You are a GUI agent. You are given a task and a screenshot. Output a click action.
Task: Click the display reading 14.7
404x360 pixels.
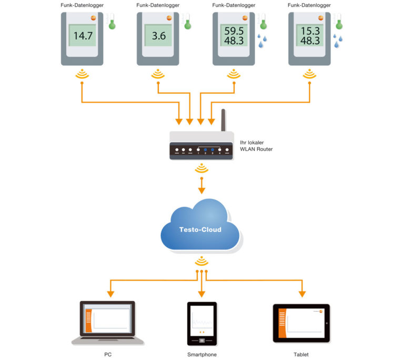(83, 35)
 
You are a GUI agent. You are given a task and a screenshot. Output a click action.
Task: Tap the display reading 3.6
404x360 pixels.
(158, 35)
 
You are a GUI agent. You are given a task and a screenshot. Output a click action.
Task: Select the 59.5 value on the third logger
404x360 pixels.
(234, 31)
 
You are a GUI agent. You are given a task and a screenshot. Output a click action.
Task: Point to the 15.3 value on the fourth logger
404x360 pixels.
(310, 31)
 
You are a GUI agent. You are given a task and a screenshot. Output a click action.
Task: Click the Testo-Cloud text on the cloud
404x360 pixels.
(200, 229)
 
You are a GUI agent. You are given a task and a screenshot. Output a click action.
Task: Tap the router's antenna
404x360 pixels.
(223, 120)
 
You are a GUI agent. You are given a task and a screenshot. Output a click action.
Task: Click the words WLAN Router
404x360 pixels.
(256, 149)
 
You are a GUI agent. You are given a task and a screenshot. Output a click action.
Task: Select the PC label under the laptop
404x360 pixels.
(108, 354)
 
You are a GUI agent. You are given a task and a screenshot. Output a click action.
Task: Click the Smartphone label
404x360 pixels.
(202, 354)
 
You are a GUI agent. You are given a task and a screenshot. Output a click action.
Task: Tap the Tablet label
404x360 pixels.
(301, 354)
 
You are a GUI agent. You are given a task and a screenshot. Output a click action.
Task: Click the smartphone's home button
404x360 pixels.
(202, 341)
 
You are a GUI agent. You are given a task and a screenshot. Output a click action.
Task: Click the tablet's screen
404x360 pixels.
(301, 323)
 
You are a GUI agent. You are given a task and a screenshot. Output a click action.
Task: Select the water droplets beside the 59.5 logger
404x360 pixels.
(262, 41)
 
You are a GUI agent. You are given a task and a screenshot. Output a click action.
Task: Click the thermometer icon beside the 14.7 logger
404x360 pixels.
(112, 21)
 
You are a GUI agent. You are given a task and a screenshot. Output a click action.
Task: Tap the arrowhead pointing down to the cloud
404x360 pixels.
(201, 191)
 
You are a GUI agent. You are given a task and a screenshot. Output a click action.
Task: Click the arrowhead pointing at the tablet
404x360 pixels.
(302, 294)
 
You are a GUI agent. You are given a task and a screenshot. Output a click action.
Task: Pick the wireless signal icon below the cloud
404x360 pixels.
(201, 261)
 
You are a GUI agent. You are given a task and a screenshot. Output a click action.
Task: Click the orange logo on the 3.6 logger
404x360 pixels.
(169, 18)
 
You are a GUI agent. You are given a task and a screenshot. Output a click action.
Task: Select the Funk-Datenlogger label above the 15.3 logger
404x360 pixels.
(309, 5)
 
